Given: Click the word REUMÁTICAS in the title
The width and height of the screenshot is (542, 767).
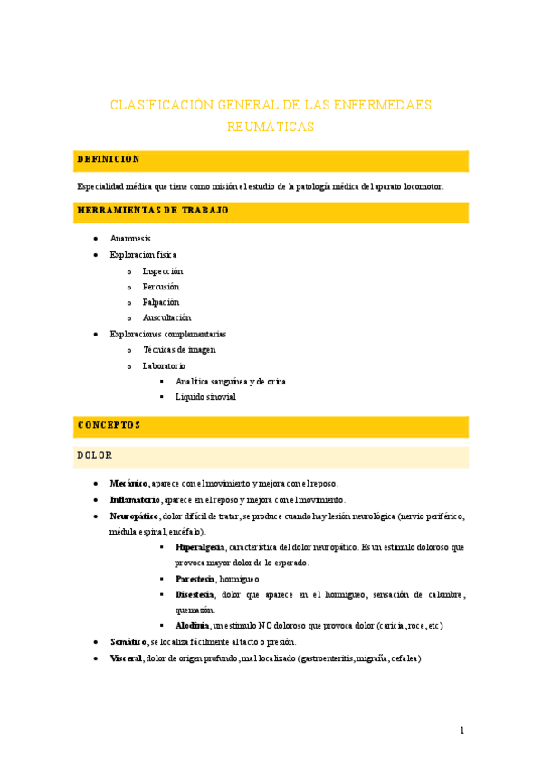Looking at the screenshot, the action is click(271, 128).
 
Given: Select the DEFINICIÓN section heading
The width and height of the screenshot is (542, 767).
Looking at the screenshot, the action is click(109, 159).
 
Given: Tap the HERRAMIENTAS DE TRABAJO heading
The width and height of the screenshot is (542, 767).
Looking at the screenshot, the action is click(153, 211).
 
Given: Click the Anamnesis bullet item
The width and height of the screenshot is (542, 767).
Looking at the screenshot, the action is click(130, 239).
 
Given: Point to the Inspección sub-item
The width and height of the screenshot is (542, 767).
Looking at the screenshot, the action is click(163, 271).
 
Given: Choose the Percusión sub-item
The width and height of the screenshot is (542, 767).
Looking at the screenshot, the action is click(161, 287).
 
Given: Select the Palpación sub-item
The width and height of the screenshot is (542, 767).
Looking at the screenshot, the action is click(161, 302).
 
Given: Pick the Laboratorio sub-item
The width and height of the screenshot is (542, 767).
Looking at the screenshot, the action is click(164, 366).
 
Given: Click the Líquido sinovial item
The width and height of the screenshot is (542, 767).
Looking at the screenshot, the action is click(205, 397).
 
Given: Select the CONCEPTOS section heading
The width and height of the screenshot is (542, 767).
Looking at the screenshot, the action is click(109, 424).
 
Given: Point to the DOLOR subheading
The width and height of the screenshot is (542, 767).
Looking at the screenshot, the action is click(95, 454).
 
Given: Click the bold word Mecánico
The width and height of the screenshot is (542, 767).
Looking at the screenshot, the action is click(129, 484).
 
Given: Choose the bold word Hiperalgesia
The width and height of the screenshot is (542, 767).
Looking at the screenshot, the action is click(200, 547).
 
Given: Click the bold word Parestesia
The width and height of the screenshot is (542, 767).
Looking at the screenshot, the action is click(195, 578).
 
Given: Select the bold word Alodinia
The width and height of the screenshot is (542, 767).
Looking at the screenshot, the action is click(193, 625).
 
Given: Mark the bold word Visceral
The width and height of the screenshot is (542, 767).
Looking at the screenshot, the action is click(126, 658).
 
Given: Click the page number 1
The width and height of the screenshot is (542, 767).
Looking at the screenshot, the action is click(461, 731).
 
